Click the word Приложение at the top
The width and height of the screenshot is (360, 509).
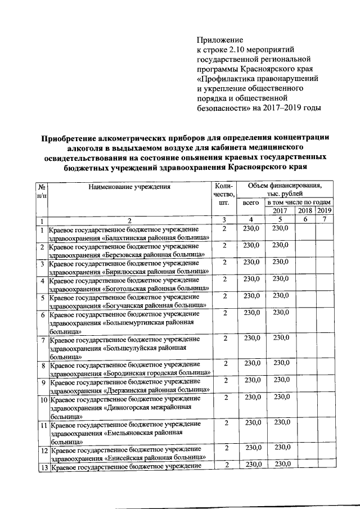coord(219,40)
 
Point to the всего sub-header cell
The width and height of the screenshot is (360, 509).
coord(251,202)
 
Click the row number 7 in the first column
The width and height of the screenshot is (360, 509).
coord(42,339)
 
